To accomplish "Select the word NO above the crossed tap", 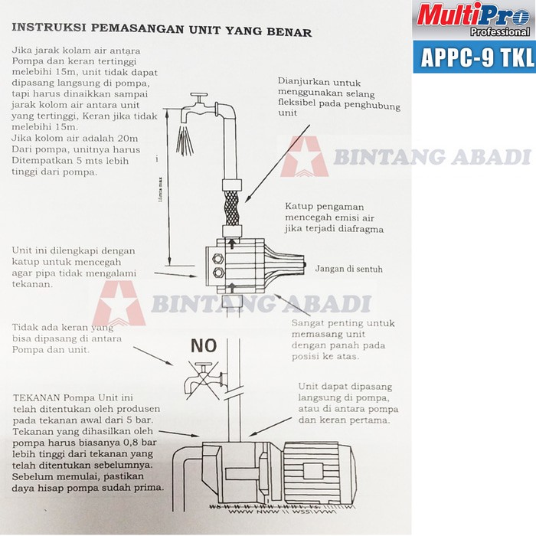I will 204,346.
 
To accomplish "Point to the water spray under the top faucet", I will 185,141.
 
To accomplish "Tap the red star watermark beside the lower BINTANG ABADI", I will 119,303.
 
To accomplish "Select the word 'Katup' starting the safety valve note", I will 300,207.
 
